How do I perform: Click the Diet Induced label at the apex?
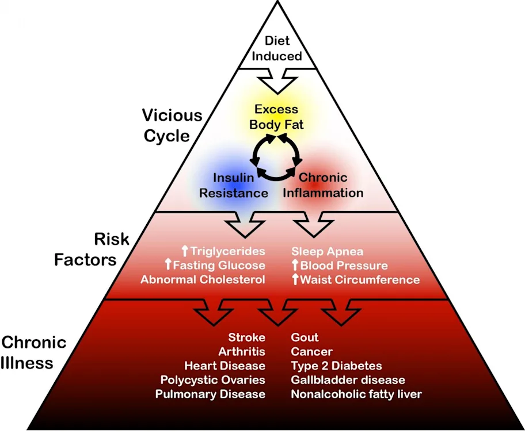(x=277, y=48)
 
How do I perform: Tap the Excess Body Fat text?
(x=276, y=117)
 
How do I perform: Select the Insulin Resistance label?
(x=234, y=185)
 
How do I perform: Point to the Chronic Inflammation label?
(x=323, y=185)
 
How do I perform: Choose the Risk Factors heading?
(x=92, y=249)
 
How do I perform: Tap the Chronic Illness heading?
(x=33, y=352)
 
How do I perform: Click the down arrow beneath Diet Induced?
(x=277, y=81)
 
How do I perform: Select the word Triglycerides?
(x=228, y=251)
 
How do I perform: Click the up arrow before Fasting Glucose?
(x=169, y=264)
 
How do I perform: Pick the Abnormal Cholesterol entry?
(x=203, y=279)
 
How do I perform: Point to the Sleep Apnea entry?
(x=327, y=251)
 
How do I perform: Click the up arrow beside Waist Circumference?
(x=295, y=279)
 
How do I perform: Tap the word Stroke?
(x=247, y=337)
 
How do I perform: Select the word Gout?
(x=305, y=337)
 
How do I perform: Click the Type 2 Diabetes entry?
(x=337, y=366)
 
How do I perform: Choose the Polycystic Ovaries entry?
(x=213, y=380)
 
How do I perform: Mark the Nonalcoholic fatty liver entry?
(x=356, y=394)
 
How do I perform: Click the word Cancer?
(x=312, y=351)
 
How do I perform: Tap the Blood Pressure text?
(x=344, y=266)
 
